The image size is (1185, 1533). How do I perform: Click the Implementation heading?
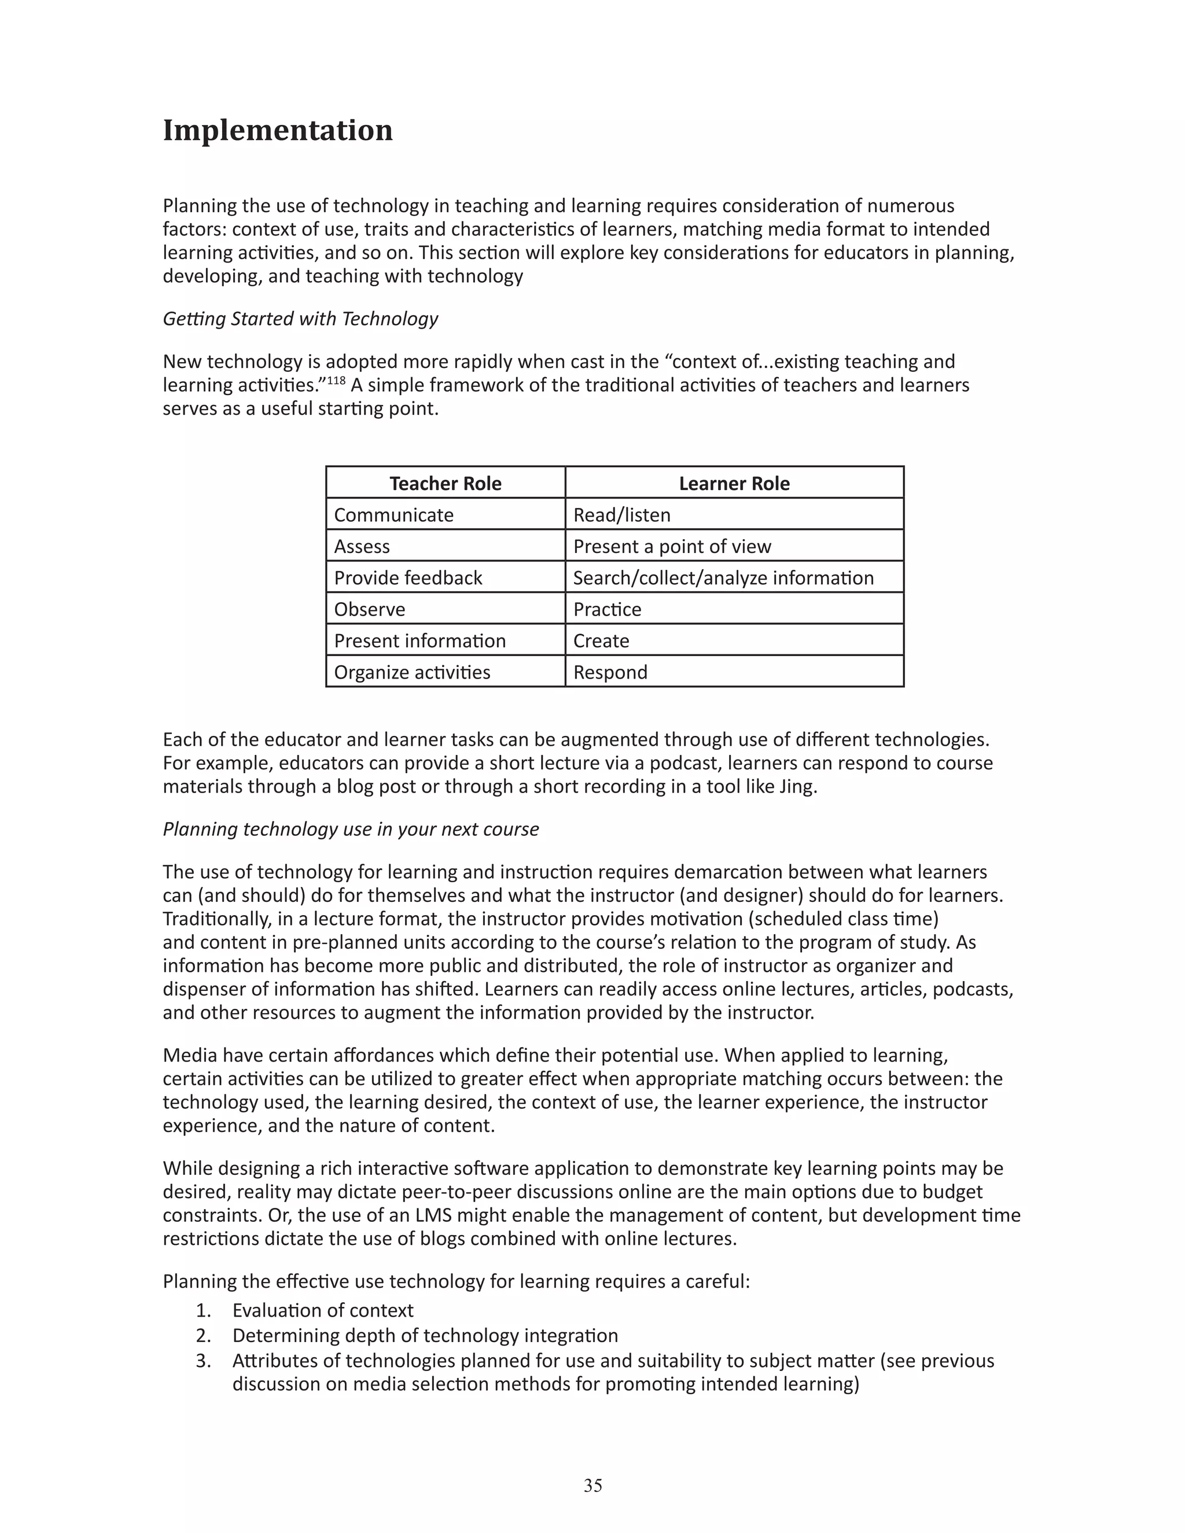tap(277, 131)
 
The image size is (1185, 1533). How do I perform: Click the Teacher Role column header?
tap(445, 484)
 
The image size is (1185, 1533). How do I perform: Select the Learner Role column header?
tap(734, 484)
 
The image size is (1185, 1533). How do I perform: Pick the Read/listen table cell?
tap(621, 515)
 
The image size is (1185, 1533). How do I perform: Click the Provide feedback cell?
tap(408, 578)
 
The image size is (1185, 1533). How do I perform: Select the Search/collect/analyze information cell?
tap(723, 578)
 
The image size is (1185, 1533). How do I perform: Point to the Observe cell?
tap(369, 609)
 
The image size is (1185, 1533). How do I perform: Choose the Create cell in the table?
tap(601, 641)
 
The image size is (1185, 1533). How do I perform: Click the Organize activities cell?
tap(412, 672)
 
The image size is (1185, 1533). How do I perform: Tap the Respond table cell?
tap(610, 672)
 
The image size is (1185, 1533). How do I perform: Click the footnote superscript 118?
tap(336, 381)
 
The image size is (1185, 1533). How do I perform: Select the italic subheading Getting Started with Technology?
tap(300, 319)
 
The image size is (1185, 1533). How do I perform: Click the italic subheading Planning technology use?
tap(350, 829)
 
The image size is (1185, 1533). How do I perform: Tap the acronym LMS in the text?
tap(435, 1215)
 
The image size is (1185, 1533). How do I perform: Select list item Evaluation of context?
tap(323, 1310)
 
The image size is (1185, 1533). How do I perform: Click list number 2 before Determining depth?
tap(203, 1335)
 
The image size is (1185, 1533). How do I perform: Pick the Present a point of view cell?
tap(672, 547)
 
